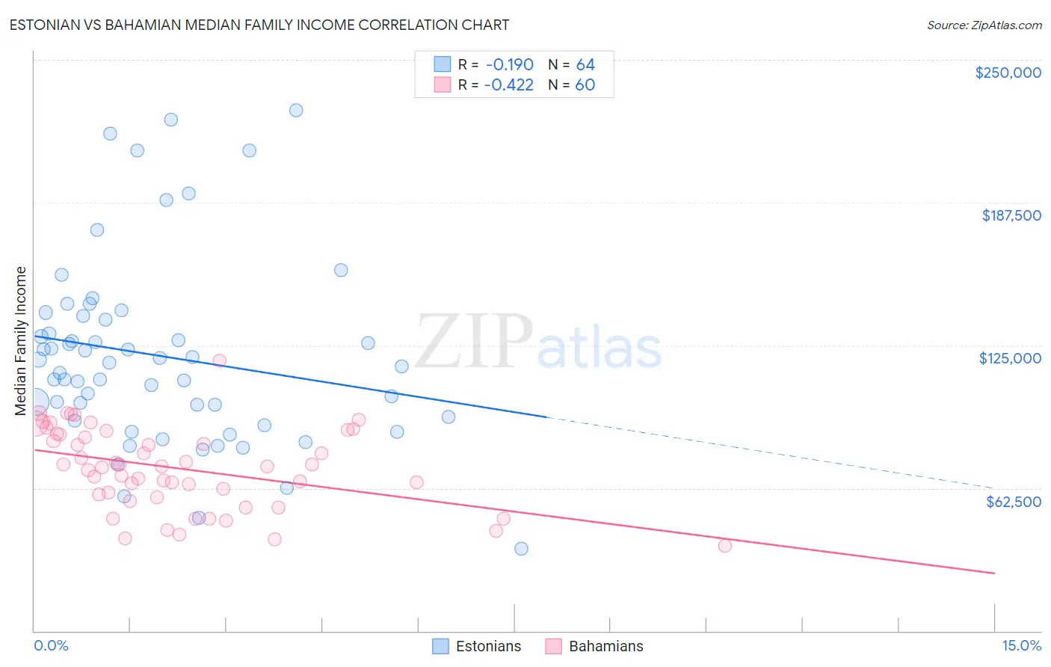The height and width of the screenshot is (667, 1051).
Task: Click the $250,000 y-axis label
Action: click(1008, 73)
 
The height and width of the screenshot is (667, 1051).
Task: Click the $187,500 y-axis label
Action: click(1011, 215)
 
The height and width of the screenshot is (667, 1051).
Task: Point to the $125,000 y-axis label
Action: click(1010, 358)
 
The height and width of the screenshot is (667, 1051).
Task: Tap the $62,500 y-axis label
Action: click(1013, 501)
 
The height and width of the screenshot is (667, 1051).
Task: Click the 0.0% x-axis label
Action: click(51, 645)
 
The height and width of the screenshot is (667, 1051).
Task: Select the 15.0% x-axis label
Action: click(1021, 645)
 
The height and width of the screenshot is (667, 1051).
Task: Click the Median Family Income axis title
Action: click(20, 341)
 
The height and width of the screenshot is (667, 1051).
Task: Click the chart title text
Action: click(259, 25)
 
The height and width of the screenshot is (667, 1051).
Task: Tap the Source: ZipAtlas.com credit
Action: click(984, 25)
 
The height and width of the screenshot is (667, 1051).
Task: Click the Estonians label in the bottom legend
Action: click(488, 646)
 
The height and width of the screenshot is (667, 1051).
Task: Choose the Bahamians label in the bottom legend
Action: click(605, 646)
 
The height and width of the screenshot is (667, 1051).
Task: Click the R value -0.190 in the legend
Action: click(509, 64)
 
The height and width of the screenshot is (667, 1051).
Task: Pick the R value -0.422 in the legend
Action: click(509, 84)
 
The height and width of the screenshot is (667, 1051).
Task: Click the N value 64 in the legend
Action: click(585, 64)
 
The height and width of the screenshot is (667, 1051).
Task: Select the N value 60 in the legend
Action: click(585, 84)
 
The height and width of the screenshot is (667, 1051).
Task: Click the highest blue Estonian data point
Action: click(296, 110)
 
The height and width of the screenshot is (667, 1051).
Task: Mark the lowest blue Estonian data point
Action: click(521, 549)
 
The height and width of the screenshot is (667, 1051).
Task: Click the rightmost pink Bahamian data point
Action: click(724, 545)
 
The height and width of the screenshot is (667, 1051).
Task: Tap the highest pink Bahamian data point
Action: click(219, 360)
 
